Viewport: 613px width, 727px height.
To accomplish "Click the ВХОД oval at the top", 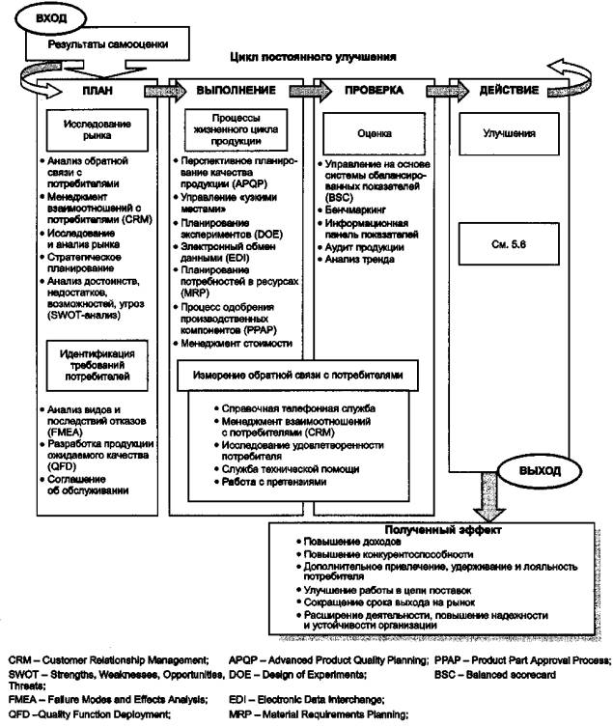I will click(48, 18).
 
